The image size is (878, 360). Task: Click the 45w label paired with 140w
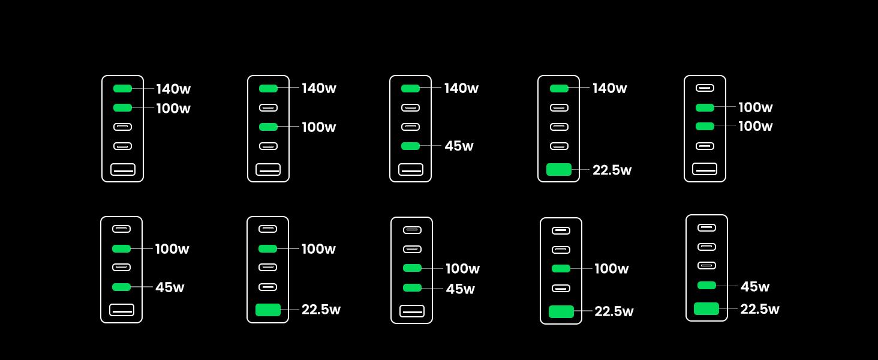[x=459, y=146]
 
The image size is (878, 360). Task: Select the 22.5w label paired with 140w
[x=612, y=170]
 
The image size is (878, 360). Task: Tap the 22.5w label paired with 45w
[x=760, y=309]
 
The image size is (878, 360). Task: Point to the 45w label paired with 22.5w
[x=755, y=287]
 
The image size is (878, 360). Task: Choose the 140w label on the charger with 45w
[x=461, y=88]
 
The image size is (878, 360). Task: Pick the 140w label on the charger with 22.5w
[x=609, y=88]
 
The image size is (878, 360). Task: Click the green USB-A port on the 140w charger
[x=558, y=169]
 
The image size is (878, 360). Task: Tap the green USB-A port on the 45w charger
[x=706, y=308]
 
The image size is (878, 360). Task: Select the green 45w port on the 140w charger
[x=410, y=146]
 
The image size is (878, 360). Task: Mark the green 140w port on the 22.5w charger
[x=559, y=88]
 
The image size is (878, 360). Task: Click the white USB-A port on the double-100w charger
[x=705, y=169]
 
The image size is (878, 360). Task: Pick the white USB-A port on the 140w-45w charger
[x=411, y=169]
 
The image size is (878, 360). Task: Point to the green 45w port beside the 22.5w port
[x=706, y=286]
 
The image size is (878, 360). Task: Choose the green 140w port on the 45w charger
[x=410, y=88]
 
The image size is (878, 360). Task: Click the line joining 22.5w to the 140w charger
[x=581, y=170]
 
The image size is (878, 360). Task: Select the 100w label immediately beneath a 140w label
[x=173, y=108]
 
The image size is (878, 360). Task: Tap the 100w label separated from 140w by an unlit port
[x=318, y=127]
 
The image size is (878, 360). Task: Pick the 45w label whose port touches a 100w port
[x=460, y=289]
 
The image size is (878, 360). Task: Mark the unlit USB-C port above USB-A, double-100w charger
[x=705, y=146]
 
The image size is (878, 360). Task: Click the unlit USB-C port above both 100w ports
[x=705, y=88]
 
